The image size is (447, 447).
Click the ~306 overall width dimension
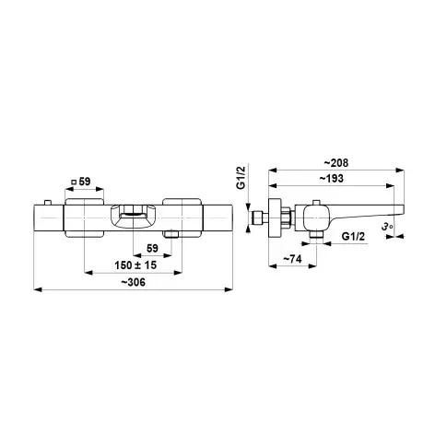pyautogui.click(x=133, y=282)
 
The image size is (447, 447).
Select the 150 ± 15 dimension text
pyautogui.click(x=135, y=265)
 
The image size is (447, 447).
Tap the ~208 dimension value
pyautogui.click(x=336, y=163)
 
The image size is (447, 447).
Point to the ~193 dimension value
pyautogui.click(x=332, y=179)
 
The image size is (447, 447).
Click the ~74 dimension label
pyautogui.click(x=292, y=259)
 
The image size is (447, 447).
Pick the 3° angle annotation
pyautogui.click(x=387, y=227)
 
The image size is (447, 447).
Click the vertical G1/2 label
pyautogui.click(x=241, y=178)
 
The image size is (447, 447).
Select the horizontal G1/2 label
pyautogui.click(x=353, y=237)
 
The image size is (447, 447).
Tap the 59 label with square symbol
pyautogui.click(x=81, y=182)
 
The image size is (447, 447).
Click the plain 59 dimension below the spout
pyautogui.click(x=152, y=248)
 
